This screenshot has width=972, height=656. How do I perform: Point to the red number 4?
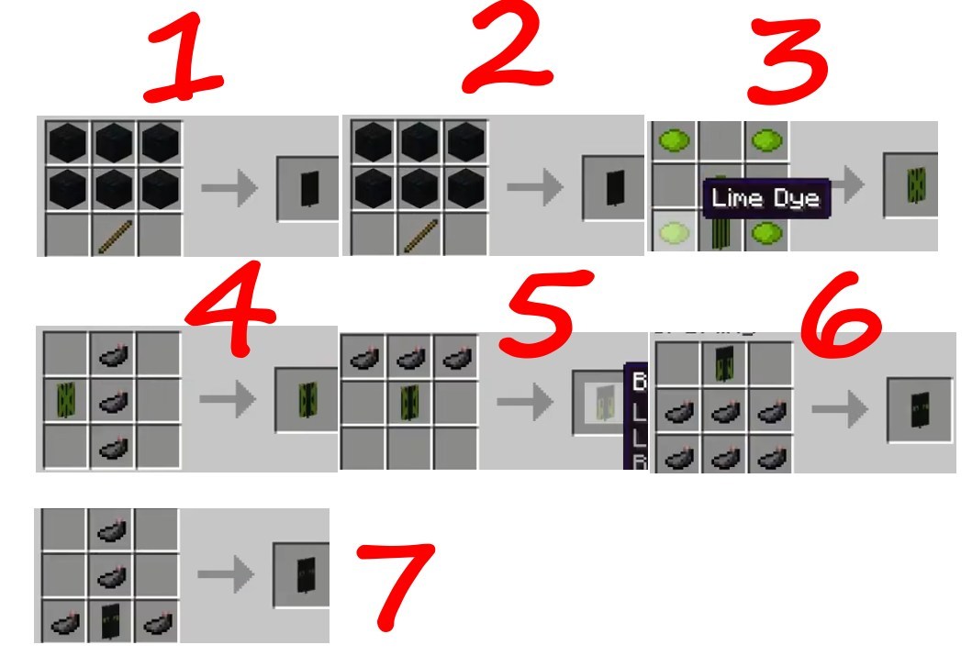point(232,312)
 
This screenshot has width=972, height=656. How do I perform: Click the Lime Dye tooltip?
point(766,198)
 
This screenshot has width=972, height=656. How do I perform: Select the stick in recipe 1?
point(114,235)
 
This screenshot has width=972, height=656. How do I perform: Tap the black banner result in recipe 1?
point(308,188)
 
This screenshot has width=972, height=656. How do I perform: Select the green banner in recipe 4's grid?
point(67,400)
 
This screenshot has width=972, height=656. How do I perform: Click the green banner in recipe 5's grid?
point(409,400)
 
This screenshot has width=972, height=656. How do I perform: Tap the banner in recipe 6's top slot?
point(724,363)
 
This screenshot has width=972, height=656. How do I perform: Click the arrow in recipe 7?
point(225,575)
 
